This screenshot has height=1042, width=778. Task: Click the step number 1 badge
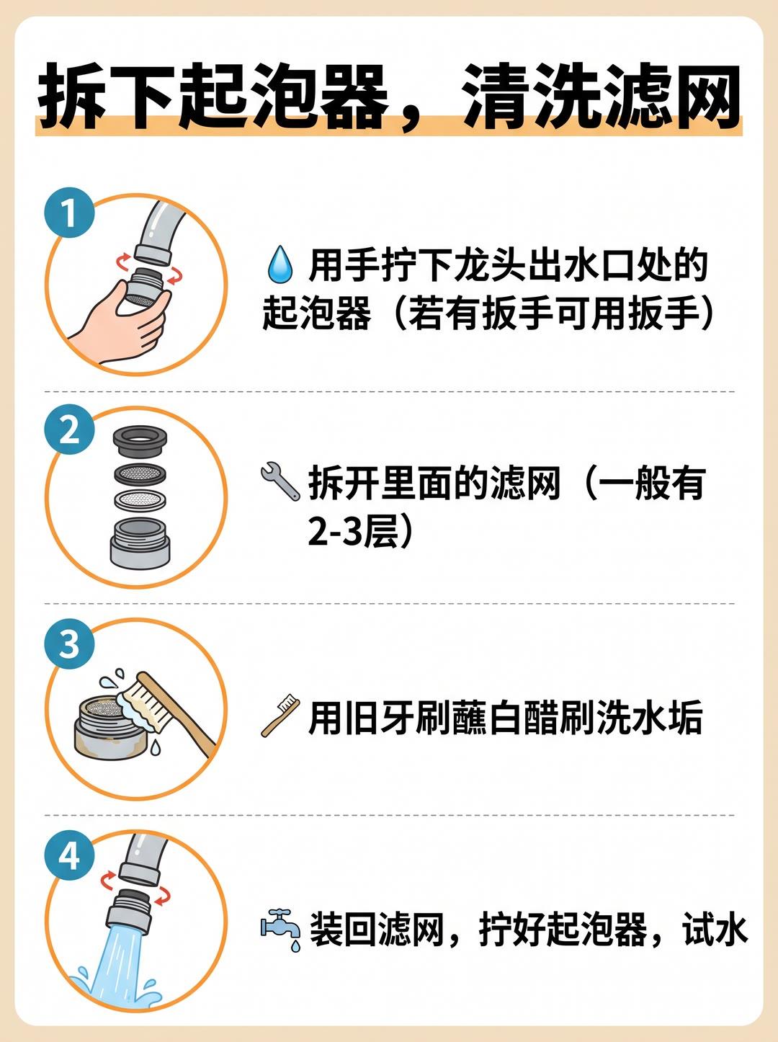69,213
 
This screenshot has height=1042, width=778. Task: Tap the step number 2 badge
69,429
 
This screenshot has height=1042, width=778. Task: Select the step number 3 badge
69,644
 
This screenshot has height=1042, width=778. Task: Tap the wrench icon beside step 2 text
280,481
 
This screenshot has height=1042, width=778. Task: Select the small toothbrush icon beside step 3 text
280,716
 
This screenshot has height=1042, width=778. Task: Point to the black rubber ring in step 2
140,442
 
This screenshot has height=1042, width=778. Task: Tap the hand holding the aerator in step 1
119,323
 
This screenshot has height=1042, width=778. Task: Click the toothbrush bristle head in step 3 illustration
143,703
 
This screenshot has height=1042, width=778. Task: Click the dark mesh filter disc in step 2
140,473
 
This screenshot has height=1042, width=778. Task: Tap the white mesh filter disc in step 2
140,500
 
